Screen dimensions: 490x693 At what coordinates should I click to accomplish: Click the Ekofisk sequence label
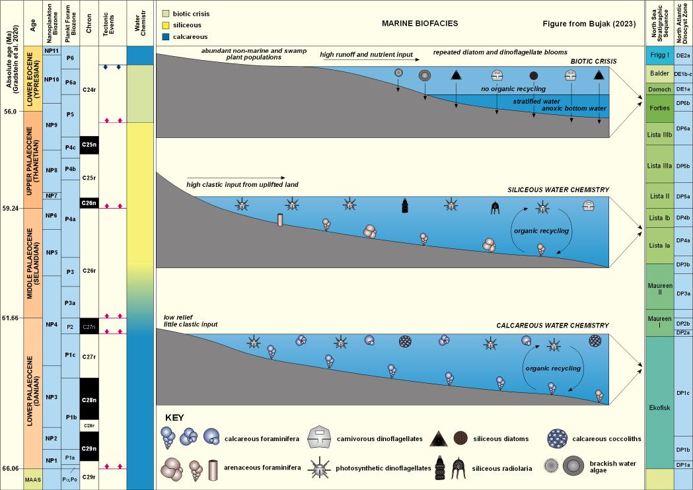(659, 407)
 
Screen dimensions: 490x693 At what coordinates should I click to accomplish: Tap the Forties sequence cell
(659, 102)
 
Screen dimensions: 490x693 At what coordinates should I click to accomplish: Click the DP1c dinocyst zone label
(683, 393)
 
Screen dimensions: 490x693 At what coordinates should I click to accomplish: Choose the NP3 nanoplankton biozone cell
(51, 396)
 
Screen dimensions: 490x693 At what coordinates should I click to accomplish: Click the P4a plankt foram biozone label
(70, 219)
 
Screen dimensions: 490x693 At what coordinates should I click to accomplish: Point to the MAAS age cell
(32, 479)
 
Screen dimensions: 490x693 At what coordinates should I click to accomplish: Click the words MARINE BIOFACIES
(419, 24)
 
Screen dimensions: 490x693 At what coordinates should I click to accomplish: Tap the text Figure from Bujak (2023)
(589, 24)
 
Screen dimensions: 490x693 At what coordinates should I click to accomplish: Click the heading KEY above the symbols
(174, 417)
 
